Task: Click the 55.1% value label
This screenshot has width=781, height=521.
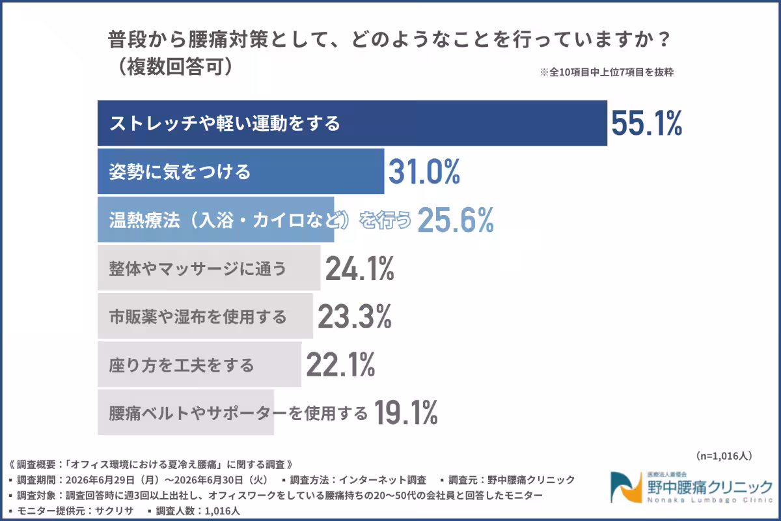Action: tap(646, 123)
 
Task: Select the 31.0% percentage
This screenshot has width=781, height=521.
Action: tap(424, 171)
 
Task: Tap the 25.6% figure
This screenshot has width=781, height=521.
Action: tap(456, 220)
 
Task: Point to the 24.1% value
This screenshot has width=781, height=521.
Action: tap(359, 268)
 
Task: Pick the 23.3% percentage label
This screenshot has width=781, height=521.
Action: tap(354, 317)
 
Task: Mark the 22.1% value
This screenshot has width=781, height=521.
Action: tap(340, 365)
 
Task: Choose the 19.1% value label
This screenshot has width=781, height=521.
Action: tap(405, 413)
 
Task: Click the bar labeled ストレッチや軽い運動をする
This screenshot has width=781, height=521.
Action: tap(352, 123)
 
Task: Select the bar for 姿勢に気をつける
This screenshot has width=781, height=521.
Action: tap(241, 171)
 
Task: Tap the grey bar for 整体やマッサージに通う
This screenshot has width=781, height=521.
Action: tap(209, 268)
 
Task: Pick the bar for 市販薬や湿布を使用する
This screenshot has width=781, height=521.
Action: tap(205, 316)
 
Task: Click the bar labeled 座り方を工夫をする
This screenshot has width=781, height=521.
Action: tap(199, 364)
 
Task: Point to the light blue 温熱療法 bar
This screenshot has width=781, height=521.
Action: tap(216, 219)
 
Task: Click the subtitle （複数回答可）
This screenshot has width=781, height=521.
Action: tap(175, 66)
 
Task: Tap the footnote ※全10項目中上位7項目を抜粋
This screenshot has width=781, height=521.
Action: tap(607, 72)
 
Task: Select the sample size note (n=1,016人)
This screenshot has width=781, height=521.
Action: tap(724, 456)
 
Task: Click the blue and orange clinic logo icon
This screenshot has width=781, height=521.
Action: tap(626, 487)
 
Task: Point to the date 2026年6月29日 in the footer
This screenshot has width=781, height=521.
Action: tap(100, 480)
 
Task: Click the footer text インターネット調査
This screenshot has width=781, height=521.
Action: tap(383, 480)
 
